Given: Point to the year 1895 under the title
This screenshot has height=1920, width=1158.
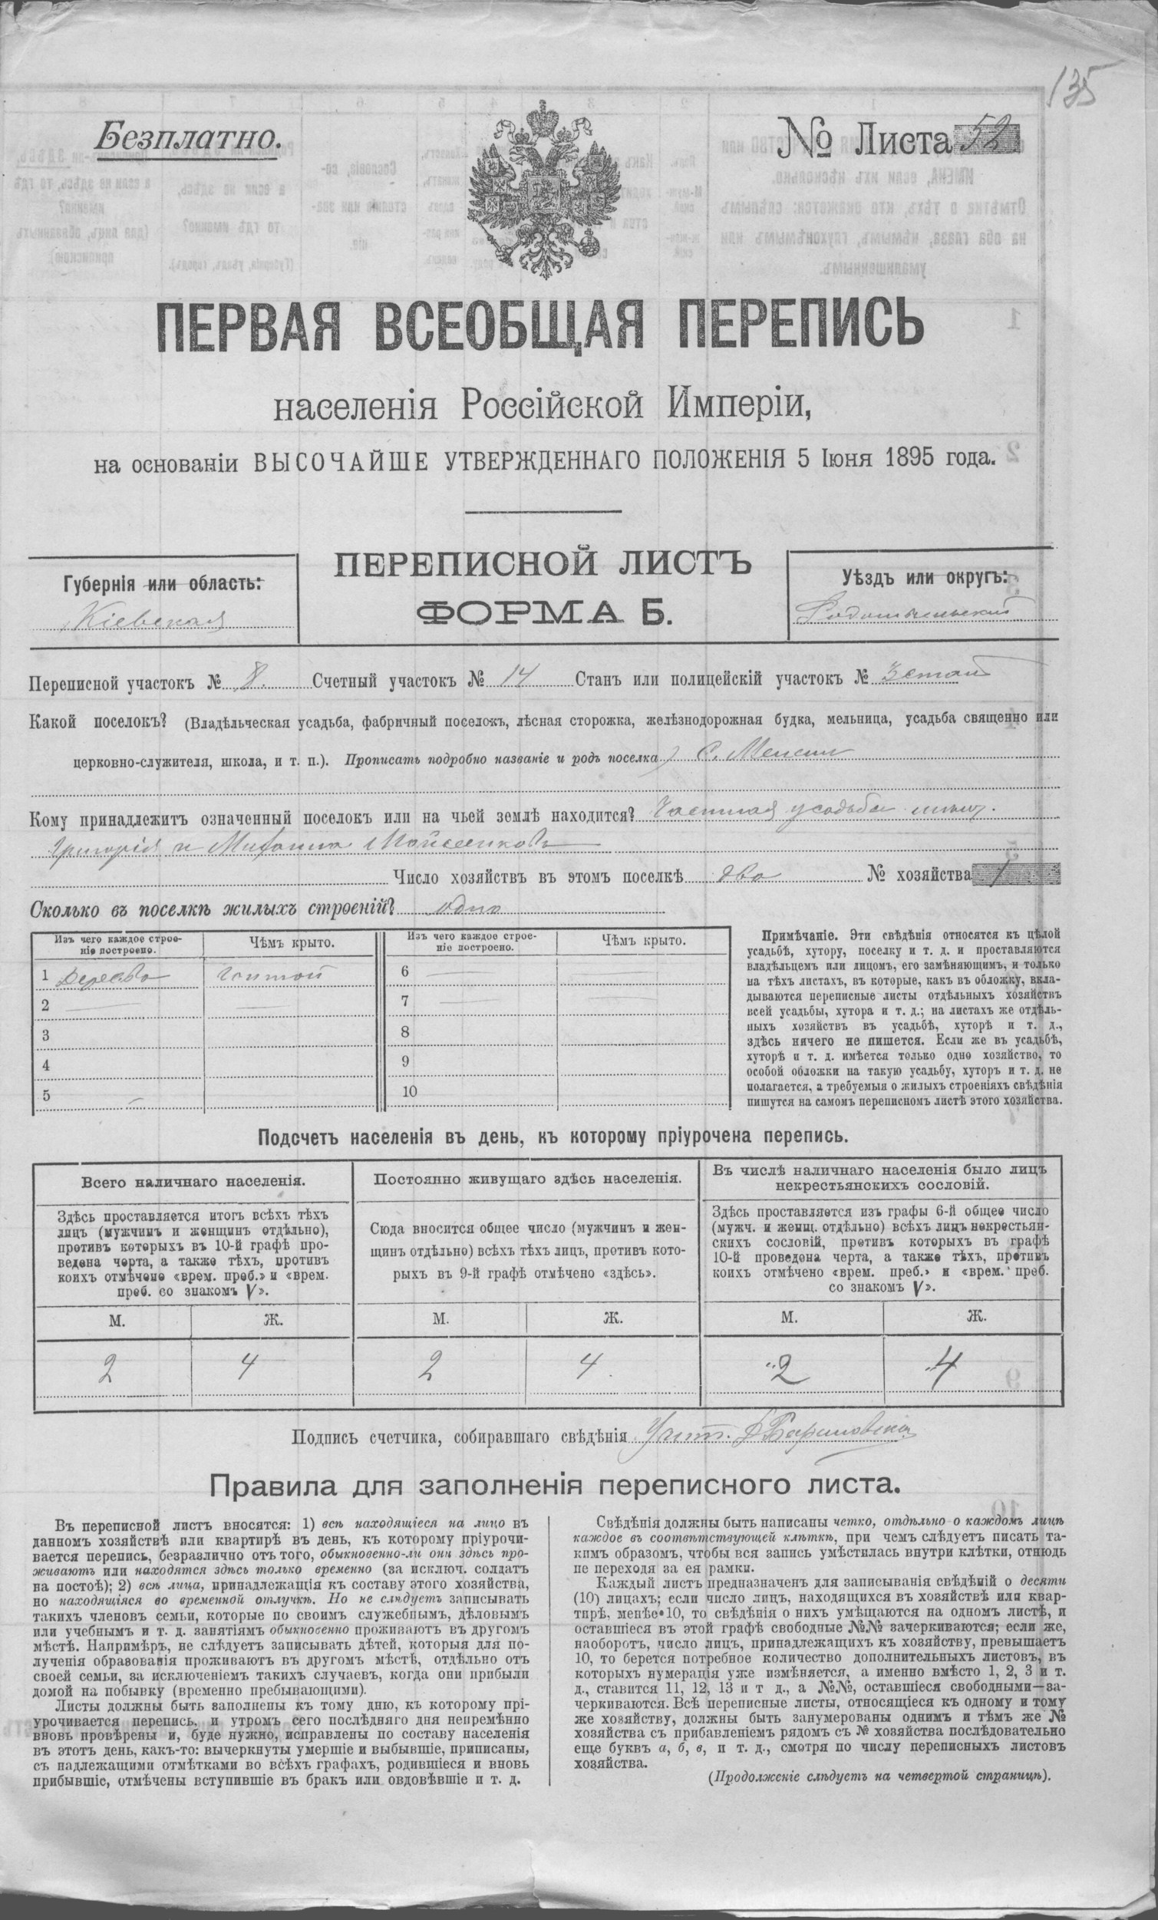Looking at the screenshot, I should coord(909,460).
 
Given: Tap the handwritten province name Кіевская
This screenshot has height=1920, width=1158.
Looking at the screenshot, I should coord(148,620).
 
